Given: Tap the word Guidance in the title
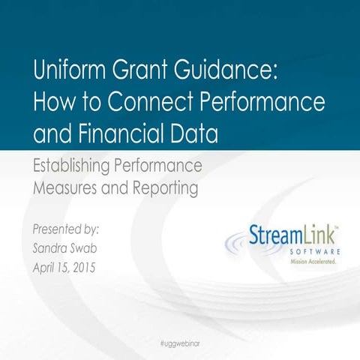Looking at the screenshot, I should pos(224,73).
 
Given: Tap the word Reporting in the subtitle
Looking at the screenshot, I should pos(163,188).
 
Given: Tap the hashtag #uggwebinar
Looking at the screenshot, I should pos(180,342).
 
